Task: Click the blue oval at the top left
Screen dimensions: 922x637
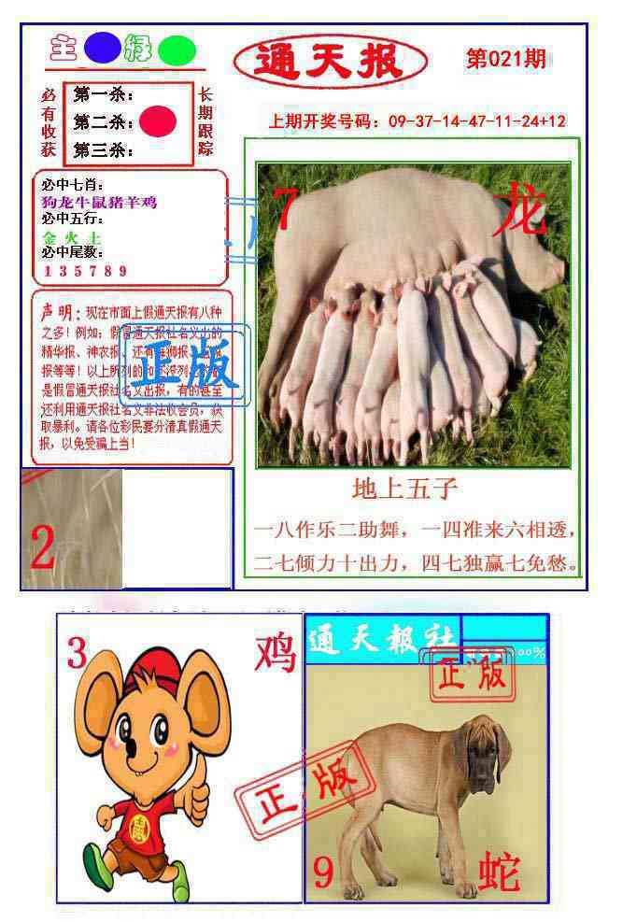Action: click(x=102, y=48)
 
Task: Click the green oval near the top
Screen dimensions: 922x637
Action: click(x=177, y=50)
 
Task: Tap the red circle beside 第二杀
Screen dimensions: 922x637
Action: click(x=158, y=121)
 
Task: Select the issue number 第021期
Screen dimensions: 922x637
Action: click(x=505, y=60)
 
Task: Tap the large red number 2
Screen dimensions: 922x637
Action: click(x=43, y=547)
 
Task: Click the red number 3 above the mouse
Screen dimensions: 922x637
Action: click(x=77, y=653)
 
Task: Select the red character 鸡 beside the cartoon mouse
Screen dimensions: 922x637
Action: click(x=275, y=651)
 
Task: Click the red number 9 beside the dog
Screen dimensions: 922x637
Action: click(x=323, y=872)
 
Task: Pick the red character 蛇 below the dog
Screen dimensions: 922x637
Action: click(x=499, y=872)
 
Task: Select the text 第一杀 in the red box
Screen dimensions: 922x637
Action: click(x=102, y=95)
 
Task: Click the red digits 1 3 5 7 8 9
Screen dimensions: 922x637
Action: click(x=85, y=272)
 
